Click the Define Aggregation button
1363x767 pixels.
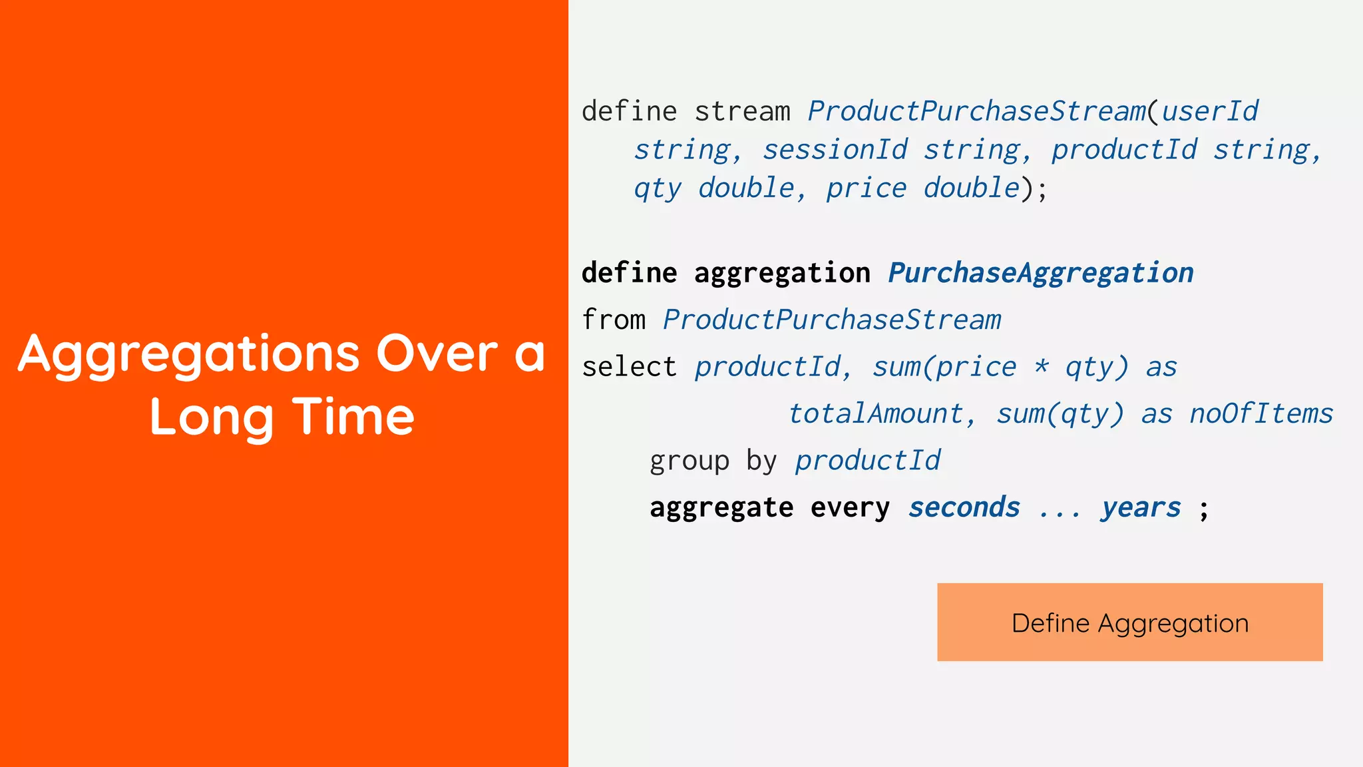1129,623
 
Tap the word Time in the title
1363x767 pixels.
353,417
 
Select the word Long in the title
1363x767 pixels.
212,418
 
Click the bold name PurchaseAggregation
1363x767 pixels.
1040,273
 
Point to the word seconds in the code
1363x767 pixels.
964,507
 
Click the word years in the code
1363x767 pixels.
1141,507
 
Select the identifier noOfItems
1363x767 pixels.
1261,413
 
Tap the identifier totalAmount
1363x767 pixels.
876,413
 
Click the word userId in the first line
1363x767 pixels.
1209,111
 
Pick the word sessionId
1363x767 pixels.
835,150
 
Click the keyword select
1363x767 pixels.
629,367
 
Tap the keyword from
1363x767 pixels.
613,320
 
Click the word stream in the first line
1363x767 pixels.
742,111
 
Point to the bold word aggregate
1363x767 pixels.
721,507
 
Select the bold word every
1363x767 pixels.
850,507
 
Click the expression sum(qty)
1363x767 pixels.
1060,413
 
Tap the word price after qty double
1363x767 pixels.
866,188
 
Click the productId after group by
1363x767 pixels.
867,461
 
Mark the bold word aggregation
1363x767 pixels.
781,273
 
